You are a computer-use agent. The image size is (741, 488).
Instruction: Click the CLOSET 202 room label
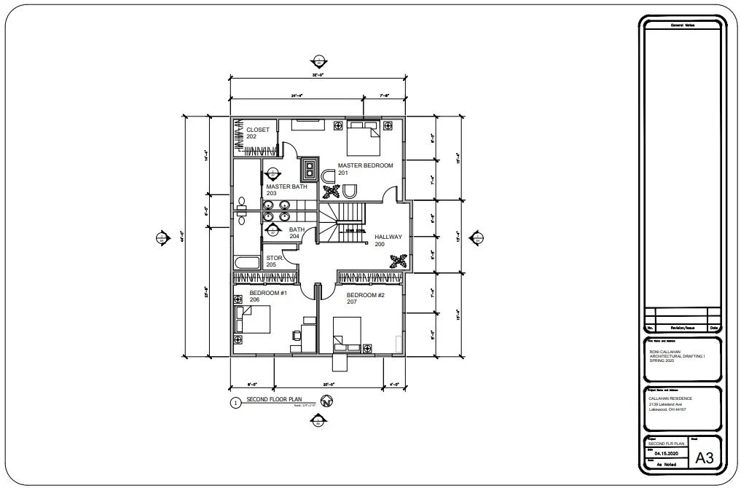(257, 133)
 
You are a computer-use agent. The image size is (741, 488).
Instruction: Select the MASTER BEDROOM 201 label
(364, 169)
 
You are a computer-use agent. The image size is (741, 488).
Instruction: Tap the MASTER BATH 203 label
(286, 190)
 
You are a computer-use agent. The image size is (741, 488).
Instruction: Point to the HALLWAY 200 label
(388, 240)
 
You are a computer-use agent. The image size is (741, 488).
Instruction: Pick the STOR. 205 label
(274, 261)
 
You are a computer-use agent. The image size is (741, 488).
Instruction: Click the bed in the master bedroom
(363, 138)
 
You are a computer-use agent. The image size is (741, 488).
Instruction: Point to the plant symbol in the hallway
(399, 260)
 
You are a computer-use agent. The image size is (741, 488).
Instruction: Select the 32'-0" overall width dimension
(317, 75)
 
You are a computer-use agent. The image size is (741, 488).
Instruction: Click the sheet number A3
(704, 458)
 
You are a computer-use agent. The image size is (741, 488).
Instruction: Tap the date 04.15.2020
(667, 452)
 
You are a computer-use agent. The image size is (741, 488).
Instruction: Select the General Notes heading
(682, 26)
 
